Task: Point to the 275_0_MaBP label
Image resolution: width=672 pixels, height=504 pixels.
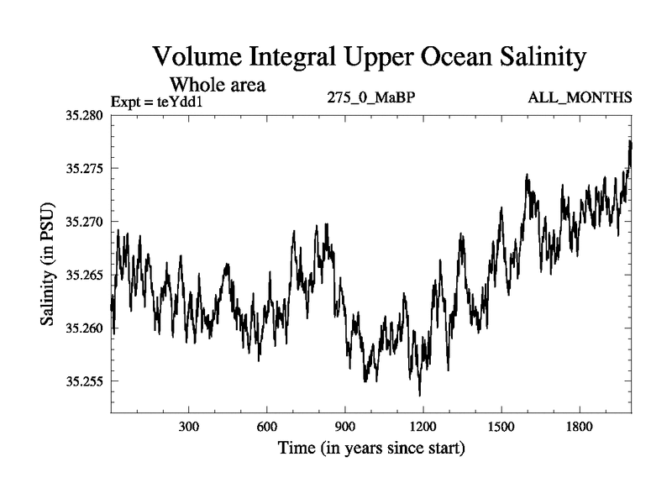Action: coord(371,98)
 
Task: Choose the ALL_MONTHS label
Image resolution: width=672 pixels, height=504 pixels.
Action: coord(580,98)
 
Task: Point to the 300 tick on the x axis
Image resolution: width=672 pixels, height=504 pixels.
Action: coord(189,427)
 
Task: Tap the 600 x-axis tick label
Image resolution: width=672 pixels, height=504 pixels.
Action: coord(267,427)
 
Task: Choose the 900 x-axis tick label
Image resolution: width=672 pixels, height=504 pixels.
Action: coord(345,427)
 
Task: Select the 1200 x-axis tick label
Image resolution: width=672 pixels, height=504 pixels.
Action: coord(423,427)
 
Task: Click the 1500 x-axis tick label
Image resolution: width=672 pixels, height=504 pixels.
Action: coord(501,427)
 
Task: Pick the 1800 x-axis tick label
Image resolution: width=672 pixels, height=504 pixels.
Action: coord(580,427)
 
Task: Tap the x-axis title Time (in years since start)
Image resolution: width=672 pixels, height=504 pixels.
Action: coord(371,449)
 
